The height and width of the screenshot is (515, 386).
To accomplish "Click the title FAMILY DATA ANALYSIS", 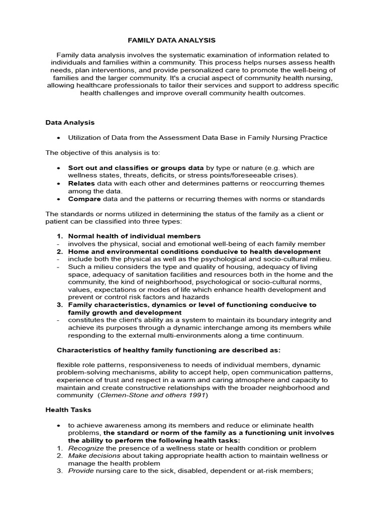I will click(x=171, y=40).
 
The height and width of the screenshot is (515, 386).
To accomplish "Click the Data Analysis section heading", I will click(x=70, y=122).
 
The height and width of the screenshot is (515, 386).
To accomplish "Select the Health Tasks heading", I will click(x=68, y=410).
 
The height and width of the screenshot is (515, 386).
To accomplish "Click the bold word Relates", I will click(x=81, y=184).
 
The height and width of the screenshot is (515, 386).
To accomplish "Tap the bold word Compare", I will click(x=84, y=199).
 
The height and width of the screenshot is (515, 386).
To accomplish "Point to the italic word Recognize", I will click(x=86, y=448).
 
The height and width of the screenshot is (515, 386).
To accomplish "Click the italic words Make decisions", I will click(x=94, y=456).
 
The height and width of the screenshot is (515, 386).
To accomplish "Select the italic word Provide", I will click(x=81, y=471).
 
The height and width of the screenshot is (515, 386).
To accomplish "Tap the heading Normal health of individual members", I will click(x=134, y=236).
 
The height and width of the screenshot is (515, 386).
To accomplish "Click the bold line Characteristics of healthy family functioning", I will click(x=168, y=350).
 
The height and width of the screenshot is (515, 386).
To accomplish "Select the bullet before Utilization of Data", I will click(x=59, y=138).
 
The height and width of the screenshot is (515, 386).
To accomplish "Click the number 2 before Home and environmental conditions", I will click(x=59, y=251).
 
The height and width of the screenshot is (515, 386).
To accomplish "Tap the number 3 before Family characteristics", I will click(x=59, y=305).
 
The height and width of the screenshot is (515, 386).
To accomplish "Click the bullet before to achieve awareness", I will click(x=59, y=425).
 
